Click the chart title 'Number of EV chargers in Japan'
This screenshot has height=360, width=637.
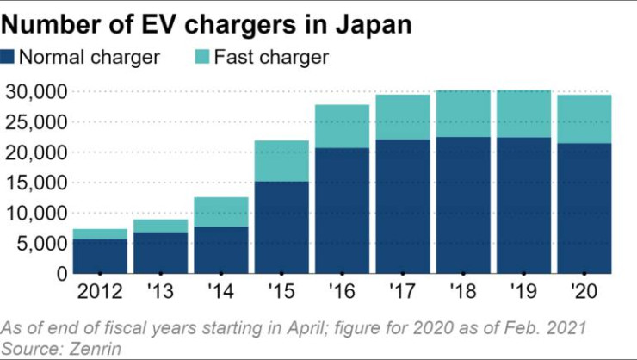click(x=207, y=24)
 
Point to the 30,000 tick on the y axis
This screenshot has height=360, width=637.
click(x=35, y=91)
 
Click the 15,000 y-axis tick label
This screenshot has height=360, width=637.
click(x=35, y=183)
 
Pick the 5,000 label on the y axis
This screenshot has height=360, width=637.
click(x=40, y=244)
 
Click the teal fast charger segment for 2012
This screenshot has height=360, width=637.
click(x=100, y=234)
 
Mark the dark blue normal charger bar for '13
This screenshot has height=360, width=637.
click(x=160, y=252)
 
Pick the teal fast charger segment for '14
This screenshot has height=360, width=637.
click(x=220, y=212)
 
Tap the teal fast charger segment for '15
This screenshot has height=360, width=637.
click(x=281, y=161)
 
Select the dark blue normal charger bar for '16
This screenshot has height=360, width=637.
click(x=341, y=211)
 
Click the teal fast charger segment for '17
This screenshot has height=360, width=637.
click(x=401, y=117)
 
